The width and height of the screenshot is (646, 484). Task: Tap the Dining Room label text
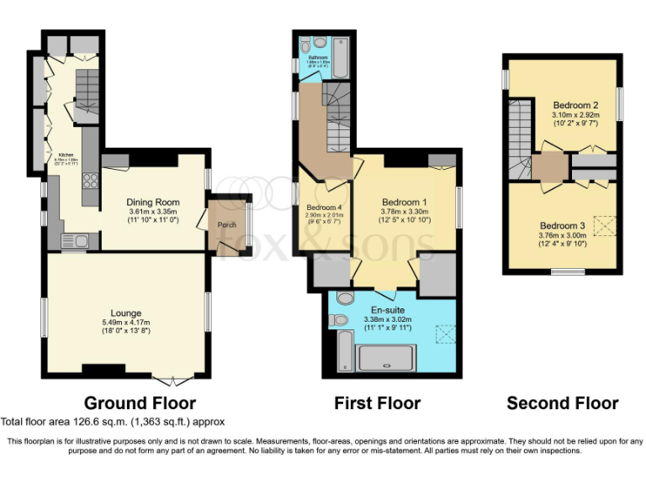[153, 202]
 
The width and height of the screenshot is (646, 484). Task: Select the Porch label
[227, 225]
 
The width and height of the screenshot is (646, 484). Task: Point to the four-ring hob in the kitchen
[90, 180]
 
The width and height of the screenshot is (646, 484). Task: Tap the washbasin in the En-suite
[346, 298]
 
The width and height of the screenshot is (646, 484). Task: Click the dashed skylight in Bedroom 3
[604, 226]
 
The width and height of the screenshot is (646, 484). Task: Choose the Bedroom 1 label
[405, 202]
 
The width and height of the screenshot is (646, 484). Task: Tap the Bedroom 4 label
[324, 208]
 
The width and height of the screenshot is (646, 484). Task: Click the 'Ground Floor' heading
[140, 403]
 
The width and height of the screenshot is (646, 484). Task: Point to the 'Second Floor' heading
[562, 403]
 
